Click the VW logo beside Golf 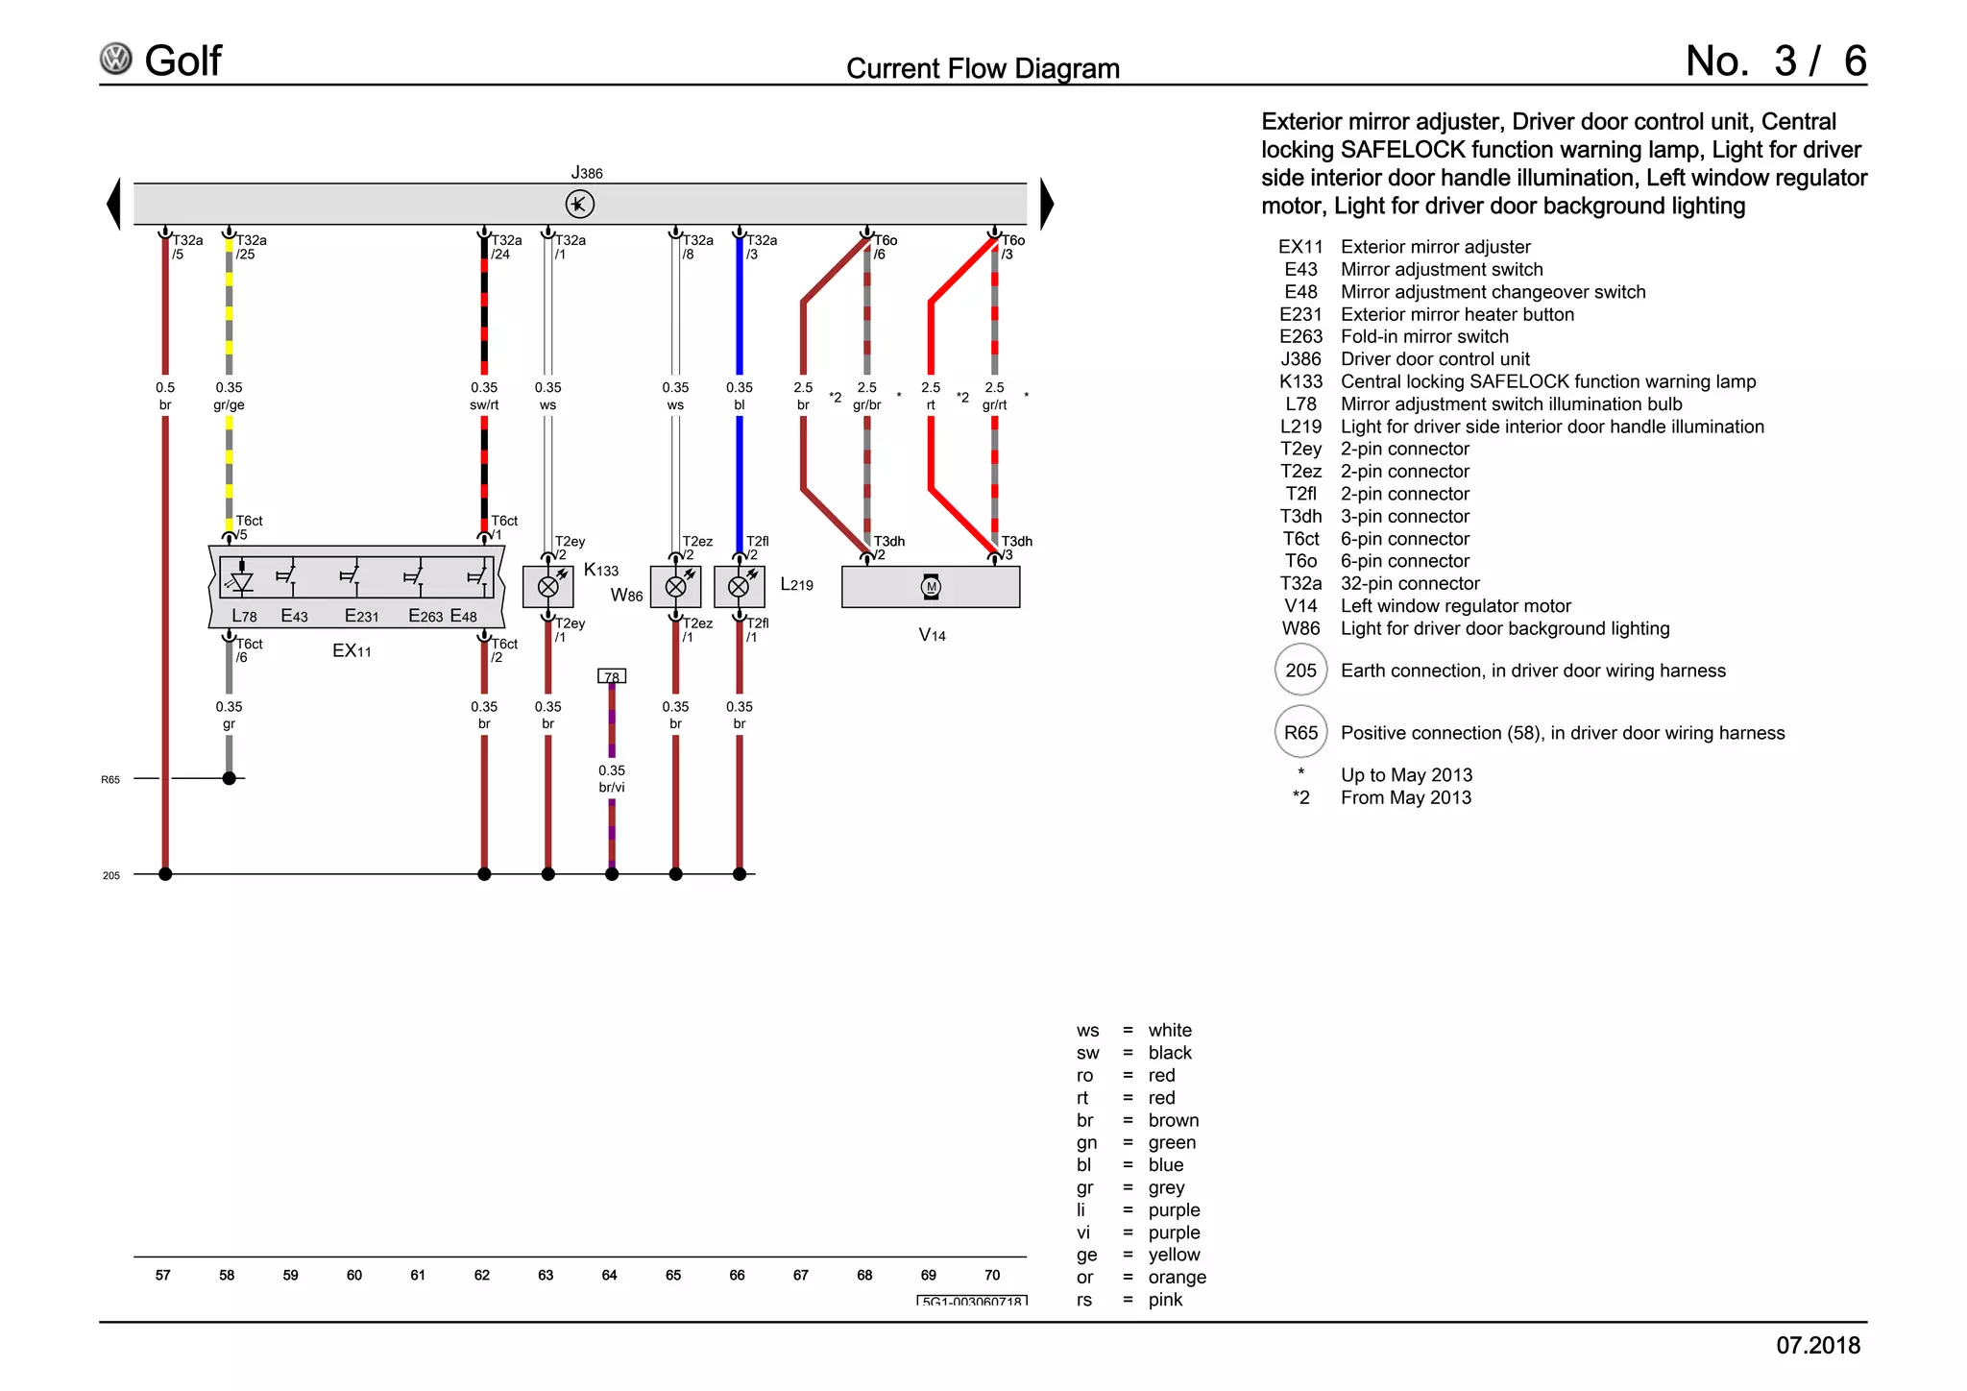[x=116, y=59]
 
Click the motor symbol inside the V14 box [x=931, y=587]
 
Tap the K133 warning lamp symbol [x=547, y=587]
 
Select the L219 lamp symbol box [x=739, y=587]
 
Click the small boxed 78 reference [x=612, y=676]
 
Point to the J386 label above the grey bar [x=587, y=173]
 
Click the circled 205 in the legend [x=1300, y=671]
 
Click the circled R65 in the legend [x=1300, y=733]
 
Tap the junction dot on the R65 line [x=229, y=778]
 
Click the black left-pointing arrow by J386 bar [x=114, y=204]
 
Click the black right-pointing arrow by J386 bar [x=1047, y=204]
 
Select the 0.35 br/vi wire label [x=612, y=779]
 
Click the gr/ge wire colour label [x=229, y=405]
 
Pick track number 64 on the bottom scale [x=609, y=1276]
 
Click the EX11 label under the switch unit [x=352, y=651]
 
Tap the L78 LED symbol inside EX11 [x=242, y=581]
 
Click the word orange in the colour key [x=1177, y=1278]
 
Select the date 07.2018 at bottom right [x=1817, y=1346]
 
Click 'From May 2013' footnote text [x=1405, y=798]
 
